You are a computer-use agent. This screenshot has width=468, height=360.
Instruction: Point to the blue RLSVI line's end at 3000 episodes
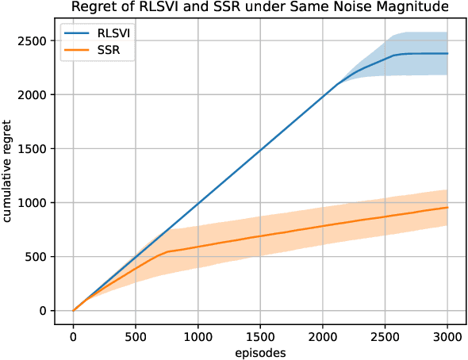(x=447, y=54)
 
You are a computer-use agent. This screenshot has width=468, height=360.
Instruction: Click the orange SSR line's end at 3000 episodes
(x=447, y=208)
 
